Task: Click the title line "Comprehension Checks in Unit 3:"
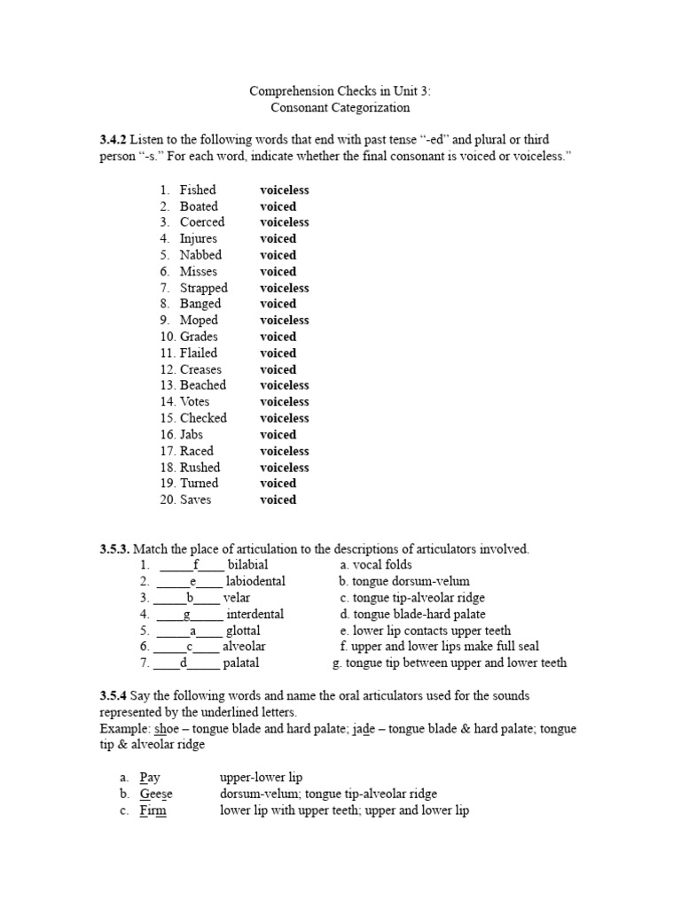pos(340,91)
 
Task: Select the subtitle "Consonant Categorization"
pos(340,107)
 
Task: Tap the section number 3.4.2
pos(113,140)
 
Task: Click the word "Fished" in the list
pos(198,190)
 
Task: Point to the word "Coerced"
pos(202,222)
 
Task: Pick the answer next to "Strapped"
pos(284,288)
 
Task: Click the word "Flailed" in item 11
pos(199,353)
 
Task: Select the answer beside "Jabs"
pos(278,434)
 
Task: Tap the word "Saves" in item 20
pos(196,500)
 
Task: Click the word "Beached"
pos(203,385)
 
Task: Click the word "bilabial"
pos(247,565)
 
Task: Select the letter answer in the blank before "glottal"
pos(192,631)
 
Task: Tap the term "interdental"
pos(254,614)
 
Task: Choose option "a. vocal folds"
pos(376,565)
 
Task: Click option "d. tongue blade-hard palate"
pos(412,614)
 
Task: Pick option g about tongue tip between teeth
pos(450,663)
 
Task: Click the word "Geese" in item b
pos(156,795)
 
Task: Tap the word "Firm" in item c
pos(153,810)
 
